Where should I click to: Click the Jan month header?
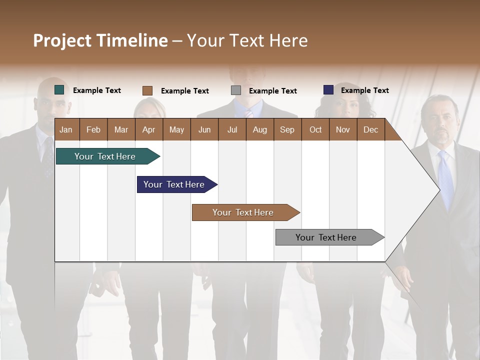coord(66,129)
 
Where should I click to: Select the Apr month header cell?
coord(149,129)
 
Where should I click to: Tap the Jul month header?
coord(232,129)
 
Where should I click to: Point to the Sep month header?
coord(287,129)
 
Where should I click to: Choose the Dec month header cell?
coord(370,129)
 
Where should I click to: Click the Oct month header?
coord(315,129)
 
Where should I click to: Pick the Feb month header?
coord(93,129)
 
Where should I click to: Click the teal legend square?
coord(59,90)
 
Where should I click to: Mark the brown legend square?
coord(147,90)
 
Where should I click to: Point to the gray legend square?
coord(236,90)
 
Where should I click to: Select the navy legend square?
coord(328,90)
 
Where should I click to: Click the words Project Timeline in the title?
coord(100,40)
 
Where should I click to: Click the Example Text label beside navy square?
coord(364,90)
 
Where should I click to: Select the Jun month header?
coord(204,129)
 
